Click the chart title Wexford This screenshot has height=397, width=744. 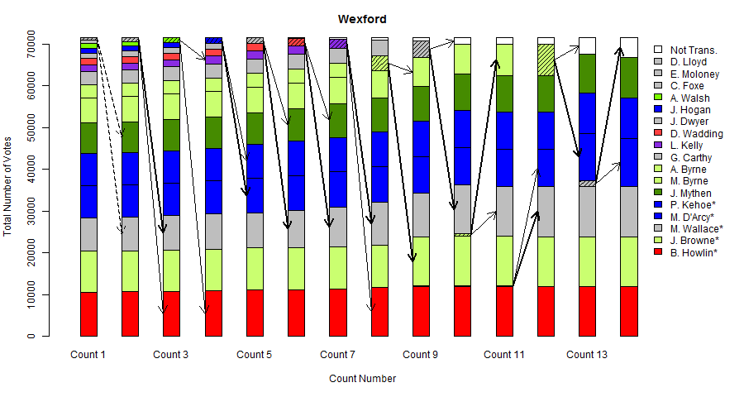362,19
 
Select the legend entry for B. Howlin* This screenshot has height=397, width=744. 693,253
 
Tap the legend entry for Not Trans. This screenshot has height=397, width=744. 693,50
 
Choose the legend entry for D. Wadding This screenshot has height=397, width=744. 696,133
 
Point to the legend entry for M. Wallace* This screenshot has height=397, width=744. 696,229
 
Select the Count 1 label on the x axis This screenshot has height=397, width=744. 88,355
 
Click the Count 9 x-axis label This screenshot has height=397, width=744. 420,355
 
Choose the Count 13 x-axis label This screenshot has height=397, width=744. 587,355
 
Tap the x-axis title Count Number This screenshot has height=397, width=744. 362,379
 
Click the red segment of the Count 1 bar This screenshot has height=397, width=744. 88,314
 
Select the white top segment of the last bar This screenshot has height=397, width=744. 629,47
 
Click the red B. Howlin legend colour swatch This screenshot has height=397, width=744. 658,253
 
